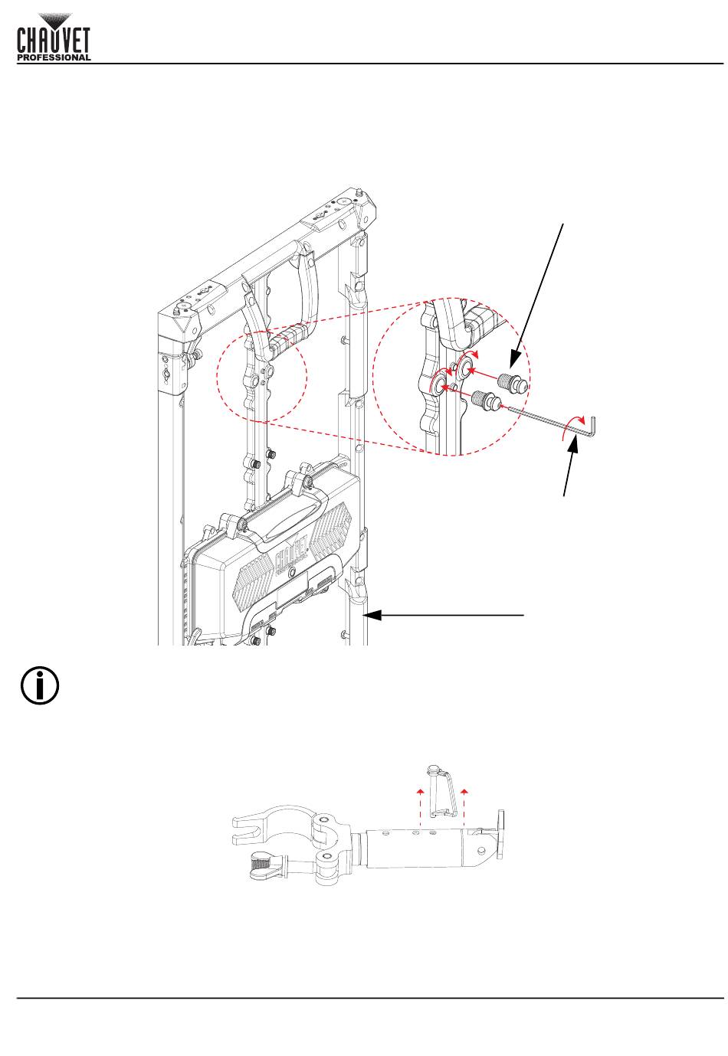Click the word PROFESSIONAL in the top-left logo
54,57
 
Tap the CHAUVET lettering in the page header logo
54,41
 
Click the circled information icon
40,685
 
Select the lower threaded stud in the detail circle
485,398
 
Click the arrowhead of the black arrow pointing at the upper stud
513,363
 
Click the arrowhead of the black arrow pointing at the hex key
575,440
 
